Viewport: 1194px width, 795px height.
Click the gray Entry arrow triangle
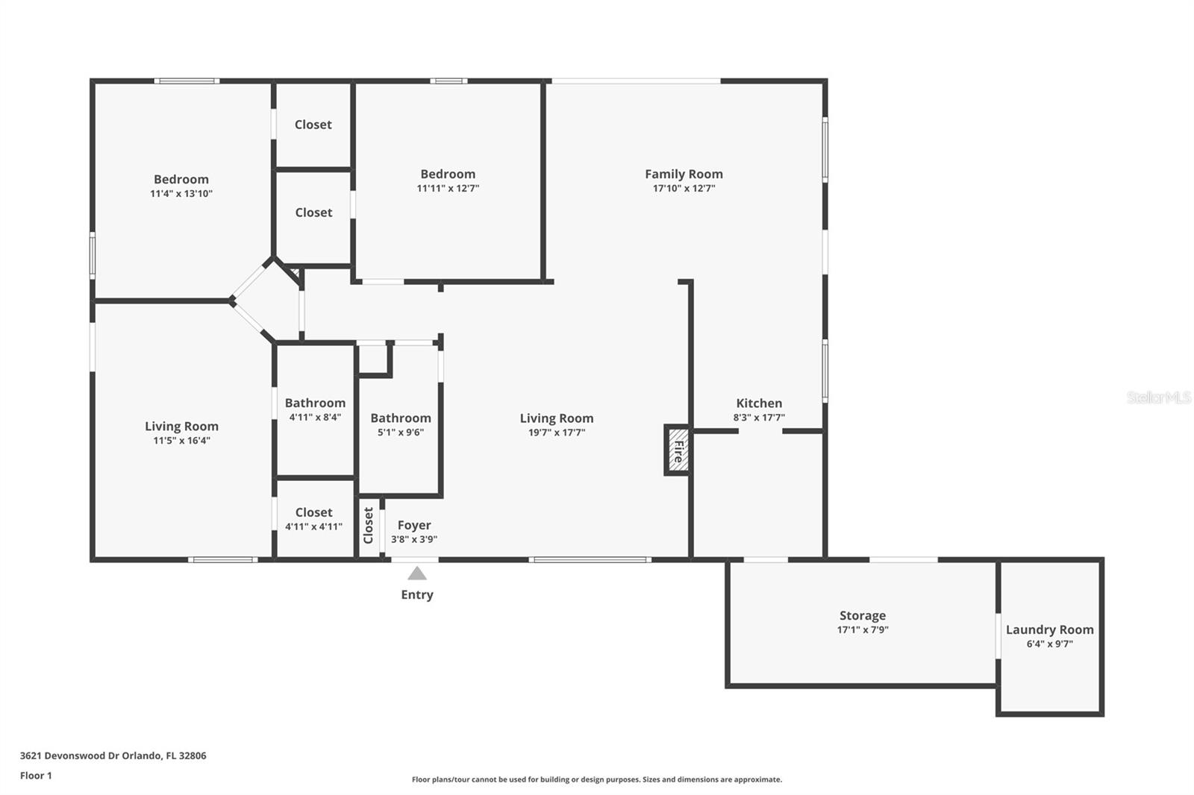tap(417, 574)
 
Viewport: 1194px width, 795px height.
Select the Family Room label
tap(684, 175)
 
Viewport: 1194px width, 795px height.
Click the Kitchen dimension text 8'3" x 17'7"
tap(759, 417)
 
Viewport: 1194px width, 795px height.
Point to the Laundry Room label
tap(1049, 629)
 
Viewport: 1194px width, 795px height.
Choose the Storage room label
tap(863, 615)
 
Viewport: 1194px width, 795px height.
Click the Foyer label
tap(414, 525)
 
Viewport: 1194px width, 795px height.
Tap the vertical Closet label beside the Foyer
tap(369, 525)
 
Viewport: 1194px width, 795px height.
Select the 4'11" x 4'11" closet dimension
tap(313, 527)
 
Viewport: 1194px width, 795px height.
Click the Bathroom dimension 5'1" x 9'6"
tap(401, 432)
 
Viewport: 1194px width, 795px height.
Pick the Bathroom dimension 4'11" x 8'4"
tap(315, 417)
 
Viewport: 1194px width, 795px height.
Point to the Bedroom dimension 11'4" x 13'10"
tap(181, 193)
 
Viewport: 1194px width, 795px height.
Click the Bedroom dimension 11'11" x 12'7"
tap(448, 188)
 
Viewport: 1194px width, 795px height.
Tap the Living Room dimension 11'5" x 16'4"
tap(182, 441)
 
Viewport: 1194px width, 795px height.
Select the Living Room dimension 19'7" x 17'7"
tap(557, 433)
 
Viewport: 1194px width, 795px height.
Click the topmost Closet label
tap(313, 125)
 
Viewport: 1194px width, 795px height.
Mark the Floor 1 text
tap(36, 776)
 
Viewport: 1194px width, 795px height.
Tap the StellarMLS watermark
tap(1159, 397)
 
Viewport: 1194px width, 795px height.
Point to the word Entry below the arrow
tap(417, 594)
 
